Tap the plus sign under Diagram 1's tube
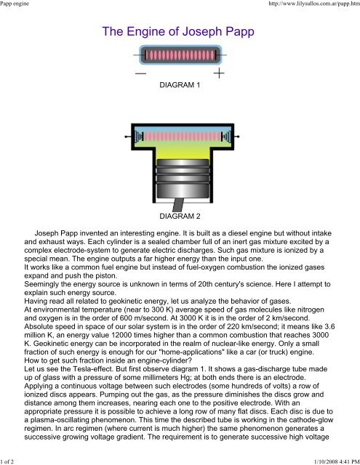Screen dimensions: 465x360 (x=218, y=73)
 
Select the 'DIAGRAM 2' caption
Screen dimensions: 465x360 (x=179, y=217)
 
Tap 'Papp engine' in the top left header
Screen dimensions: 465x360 (x=20, y=6)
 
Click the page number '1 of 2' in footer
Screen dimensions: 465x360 (x=11, y=458)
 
